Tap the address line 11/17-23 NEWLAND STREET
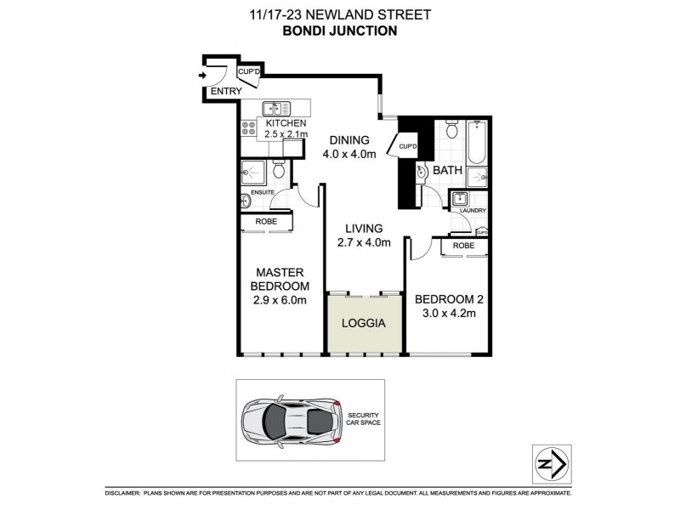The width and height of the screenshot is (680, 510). [x=340, y=13]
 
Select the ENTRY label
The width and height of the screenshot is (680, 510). [x=225, y=91]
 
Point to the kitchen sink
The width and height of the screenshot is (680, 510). [x=275, y=108]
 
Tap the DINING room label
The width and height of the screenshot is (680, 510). [x=348, y=140]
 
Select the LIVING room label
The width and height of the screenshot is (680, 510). [x=363, y=228]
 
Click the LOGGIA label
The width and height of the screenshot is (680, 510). [x=363, y=324]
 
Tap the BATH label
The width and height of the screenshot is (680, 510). [x=447, y=171]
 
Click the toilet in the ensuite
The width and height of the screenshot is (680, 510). [x=277, y=171]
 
